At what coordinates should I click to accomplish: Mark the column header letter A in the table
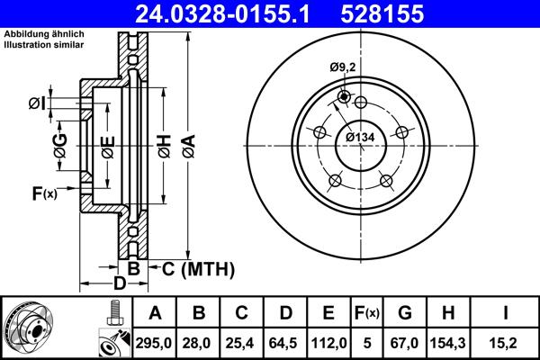pos(155,313)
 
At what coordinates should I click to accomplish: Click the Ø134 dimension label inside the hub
pos(360,137)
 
